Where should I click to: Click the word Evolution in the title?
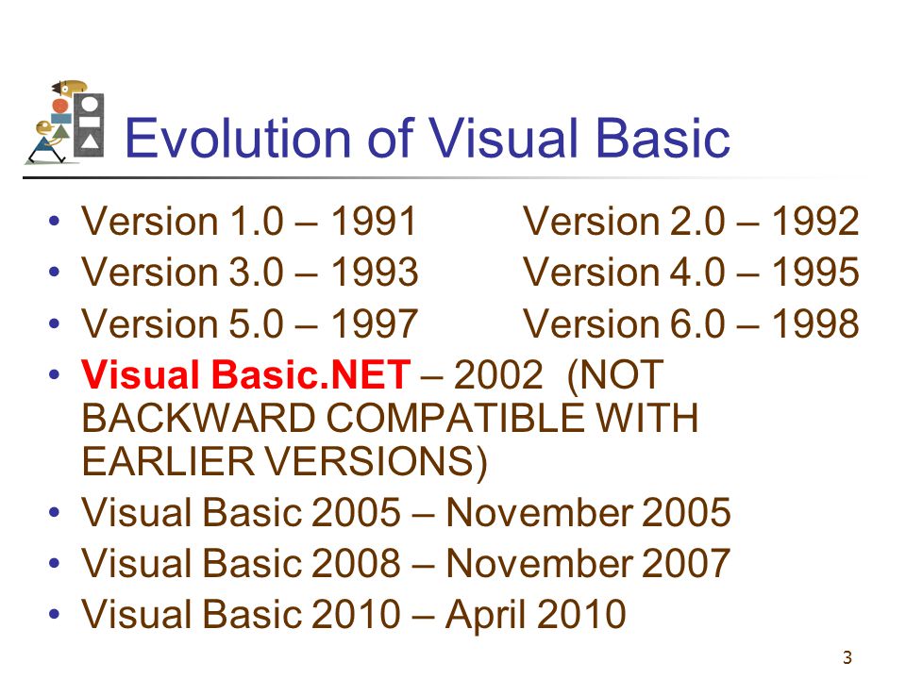[238, 138]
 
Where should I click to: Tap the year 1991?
[374, 221]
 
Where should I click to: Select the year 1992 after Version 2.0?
[815, 221]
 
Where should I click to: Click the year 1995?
[815, 272]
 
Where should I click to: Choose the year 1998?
[815, 323]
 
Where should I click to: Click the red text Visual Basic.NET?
[246, 374]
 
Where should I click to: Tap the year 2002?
[498, 374]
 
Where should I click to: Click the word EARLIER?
[168, 461]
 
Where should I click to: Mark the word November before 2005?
[540, 512]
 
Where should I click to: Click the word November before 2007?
[540, 563]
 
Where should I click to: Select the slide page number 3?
[847, 657]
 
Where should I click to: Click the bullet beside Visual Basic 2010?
[55, 613]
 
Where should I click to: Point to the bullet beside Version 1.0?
[55, 221]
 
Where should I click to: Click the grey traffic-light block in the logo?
[89, 125]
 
